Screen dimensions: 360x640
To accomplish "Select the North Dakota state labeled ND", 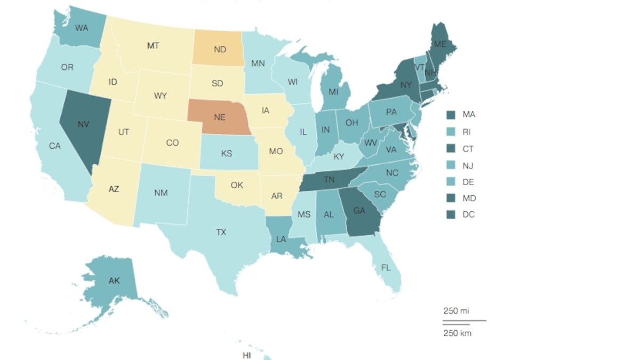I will pyautogui.click(x=219, y=49).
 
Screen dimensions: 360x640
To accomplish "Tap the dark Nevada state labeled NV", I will pyautogui.click(x=82, y=124).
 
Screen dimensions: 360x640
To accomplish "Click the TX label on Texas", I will pyautogui.click(x=221, y=233).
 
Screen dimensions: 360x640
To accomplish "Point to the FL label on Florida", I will pyautogui.click(x=385, y=268).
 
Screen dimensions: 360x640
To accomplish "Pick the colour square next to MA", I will pyautogui.click(x=451, y=115).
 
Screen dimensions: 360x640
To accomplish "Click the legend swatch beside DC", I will pyautogui.click(x=451, y=215).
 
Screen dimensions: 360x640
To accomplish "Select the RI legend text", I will pyautogui.click(x=468, y=132).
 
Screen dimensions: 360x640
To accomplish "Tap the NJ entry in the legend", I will pyautogui.click(x=468, y=165).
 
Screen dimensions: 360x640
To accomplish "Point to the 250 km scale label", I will pyautogui.click(x=457, y=333).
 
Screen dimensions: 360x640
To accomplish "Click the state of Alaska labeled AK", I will pyautogui.click(x=114, y=281).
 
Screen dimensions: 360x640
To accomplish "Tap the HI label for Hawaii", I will pyautogui.click(x=247, y=355).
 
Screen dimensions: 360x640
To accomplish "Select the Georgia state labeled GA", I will pyautogui.click(x=359, y=211).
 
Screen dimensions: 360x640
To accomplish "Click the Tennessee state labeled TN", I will pyautogui.click(x=329, y=180).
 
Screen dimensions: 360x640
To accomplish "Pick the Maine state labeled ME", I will pyautogui.click(x=439, y=45).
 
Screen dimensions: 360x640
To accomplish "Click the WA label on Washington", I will pyautogui.click(x=82, y=28).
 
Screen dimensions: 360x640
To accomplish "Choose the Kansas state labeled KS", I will pyautogui.click(x=227, y=154).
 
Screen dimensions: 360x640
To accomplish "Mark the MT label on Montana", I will pyautogui.click(x=153, y=46).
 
